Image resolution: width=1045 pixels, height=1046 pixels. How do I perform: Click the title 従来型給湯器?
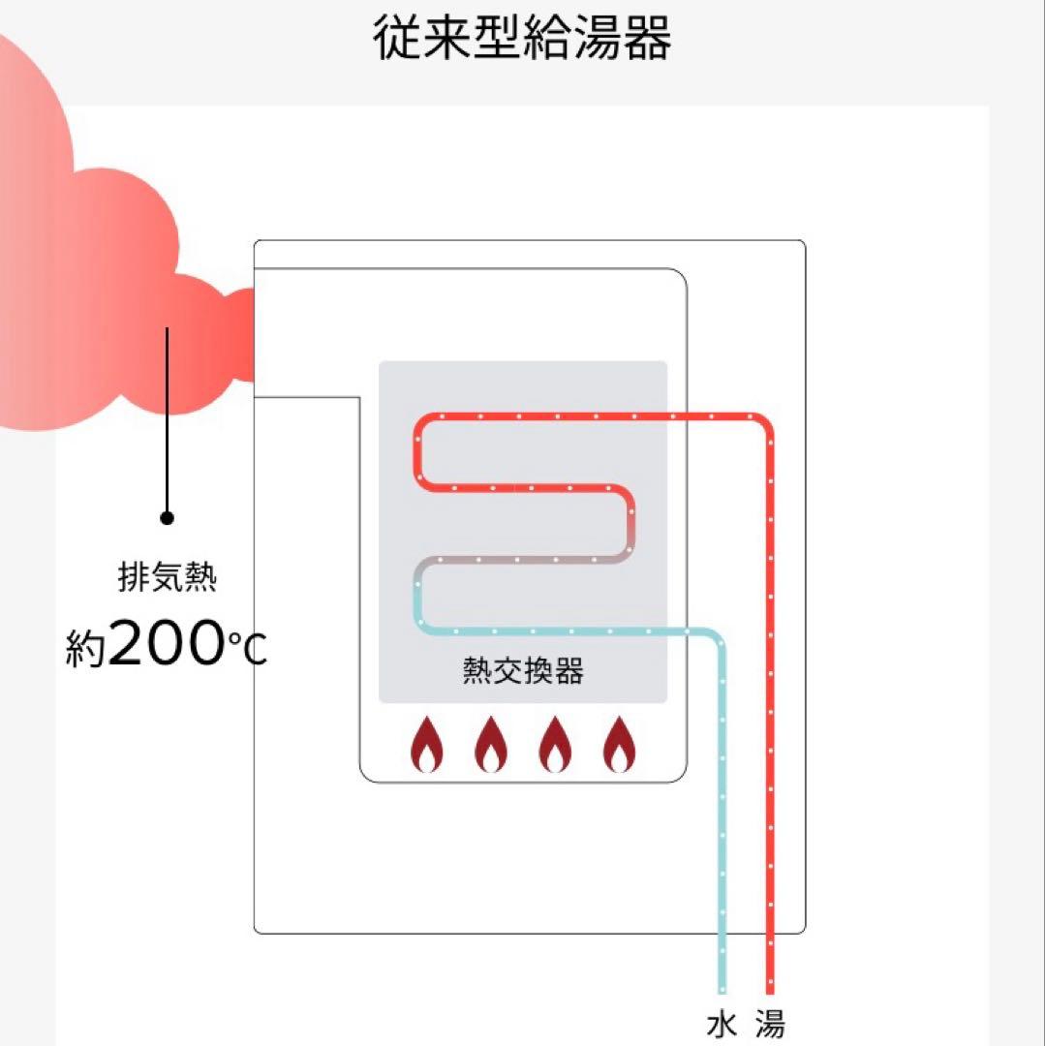tap(522, 40)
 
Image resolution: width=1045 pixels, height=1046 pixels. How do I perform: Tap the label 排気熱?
tap(168, 580)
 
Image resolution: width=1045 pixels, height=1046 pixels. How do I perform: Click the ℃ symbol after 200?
tap(246, 649)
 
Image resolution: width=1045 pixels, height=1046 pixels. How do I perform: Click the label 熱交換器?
tap(523, 671)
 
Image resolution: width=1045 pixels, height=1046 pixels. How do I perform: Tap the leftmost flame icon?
tap(427, 745)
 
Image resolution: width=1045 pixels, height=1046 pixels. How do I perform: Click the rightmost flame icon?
tap(618, 745)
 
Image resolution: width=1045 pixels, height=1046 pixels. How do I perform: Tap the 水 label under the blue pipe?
tap(721, 1025)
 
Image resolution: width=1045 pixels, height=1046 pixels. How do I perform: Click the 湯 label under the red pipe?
tap(770, 1025)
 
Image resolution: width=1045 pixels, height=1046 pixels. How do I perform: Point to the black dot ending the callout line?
tap(168, 518)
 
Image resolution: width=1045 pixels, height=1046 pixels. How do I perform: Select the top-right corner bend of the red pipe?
tap(763, 423)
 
